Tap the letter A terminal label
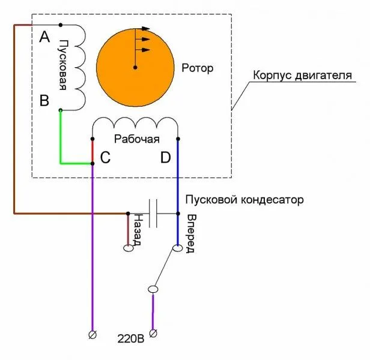(44, 38)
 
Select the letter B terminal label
(44, 100)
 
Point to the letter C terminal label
(105, 158)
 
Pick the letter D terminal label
(166, 158)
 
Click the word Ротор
(197, 68)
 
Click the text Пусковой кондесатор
(244, 199)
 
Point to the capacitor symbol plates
(153, 213)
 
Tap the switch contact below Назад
(127, 248)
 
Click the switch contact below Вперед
(177, 248)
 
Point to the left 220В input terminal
(92, 334)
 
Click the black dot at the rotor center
(135, 67)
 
